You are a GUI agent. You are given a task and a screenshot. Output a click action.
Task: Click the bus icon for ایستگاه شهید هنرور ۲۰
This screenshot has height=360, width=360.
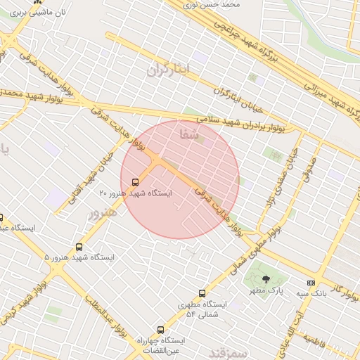pos(135,182)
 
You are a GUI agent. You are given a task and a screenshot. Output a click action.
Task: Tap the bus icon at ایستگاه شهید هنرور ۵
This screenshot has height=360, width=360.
pos(79,247)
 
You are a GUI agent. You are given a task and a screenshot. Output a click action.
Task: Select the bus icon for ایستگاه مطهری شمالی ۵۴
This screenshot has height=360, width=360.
pos(202,293)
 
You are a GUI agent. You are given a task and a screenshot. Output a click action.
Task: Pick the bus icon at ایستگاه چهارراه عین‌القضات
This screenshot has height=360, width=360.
pos(160,329)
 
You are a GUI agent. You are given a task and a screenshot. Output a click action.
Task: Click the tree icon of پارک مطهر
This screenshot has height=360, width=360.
pos(265,279)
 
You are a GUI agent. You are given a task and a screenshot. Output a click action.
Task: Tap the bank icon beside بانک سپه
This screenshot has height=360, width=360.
pos(311,283)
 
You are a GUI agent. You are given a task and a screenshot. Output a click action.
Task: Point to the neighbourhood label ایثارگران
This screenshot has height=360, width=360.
pos(169,70)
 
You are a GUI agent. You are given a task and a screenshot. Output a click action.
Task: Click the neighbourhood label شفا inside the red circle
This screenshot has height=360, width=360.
pos(190,132)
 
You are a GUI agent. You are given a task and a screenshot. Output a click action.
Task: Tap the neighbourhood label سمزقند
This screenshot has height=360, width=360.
pos(229,349)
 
